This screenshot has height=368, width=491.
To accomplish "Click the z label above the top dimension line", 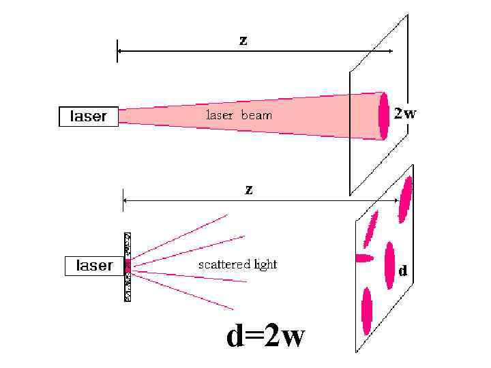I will point(243,40).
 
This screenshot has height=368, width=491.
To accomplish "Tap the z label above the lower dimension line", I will point(249,189).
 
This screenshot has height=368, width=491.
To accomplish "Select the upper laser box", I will point(88,117).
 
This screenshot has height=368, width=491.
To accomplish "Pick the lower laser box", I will point(93,266).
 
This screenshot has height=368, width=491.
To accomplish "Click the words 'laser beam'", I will point(239,115).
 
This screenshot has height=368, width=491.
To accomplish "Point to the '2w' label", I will point(405,114).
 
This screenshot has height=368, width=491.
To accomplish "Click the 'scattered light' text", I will point(237,264).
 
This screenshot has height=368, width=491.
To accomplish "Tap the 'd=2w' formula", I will point(266,336).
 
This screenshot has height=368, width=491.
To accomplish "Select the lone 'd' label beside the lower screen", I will point(403,271).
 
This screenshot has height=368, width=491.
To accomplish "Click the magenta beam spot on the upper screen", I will point(384,115).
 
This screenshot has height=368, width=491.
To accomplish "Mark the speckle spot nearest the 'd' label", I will point(389,265).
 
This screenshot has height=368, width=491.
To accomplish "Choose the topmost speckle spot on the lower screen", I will point(406,200).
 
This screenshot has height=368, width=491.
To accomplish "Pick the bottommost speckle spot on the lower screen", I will point(367,311).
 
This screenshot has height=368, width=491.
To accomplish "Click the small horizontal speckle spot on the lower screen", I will point(365,258).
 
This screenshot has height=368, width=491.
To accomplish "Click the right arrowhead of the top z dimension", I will point(389,51).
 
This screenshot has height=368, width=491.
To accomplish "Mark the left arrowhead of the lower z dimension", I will point(126,200).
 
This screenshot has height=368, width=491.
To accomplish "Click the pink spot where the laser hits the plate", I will point(128,266).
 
